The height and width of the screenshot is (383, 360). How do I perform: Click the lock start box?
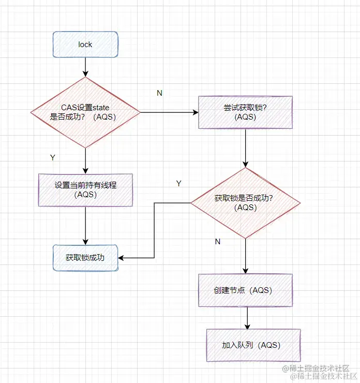coord(85,45)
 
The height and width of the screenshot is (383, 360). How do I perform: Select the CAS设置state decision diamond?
coord(85,112)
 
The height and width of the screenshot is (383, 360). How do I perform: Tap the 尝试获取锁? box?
coord(246,112)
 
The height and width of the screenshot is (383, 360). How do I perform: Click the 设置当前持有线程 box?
coord(85,189)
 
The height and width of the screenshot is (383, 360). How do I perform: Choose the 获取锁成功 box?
coord(85,257)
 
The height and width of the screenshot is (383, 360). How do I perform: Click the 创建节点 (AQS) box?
coord(246,290)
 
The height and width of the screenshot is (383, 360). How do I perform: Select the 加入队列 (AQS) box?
coord(253,345)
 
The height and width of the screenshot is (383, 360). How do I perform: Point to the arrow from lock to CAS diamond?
coord(85,67)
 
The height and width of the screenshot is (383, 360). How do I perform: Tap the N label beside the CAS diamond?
coord(159,93)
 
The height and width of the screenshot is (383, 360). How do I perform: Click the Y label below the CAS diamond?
coord(52,157)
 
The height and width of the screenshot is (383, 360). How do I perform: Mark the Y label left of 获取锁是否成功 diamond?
coord(178,183)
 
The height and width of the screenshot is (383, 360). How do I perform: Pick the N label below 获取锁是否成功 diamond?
coord(217,242)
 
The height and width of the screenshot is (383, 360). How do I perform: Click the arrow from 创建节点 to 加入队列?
coord(248,318)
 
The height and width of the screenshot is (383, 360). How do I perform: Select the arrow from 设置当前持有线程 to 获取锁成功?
coord(85,225)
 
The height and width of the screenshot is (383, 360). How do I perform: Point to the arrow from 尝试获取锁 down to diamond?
coord(246,148)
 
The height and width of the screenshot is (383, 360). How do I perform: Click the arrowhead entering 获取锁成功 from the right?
coord(122,257)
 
